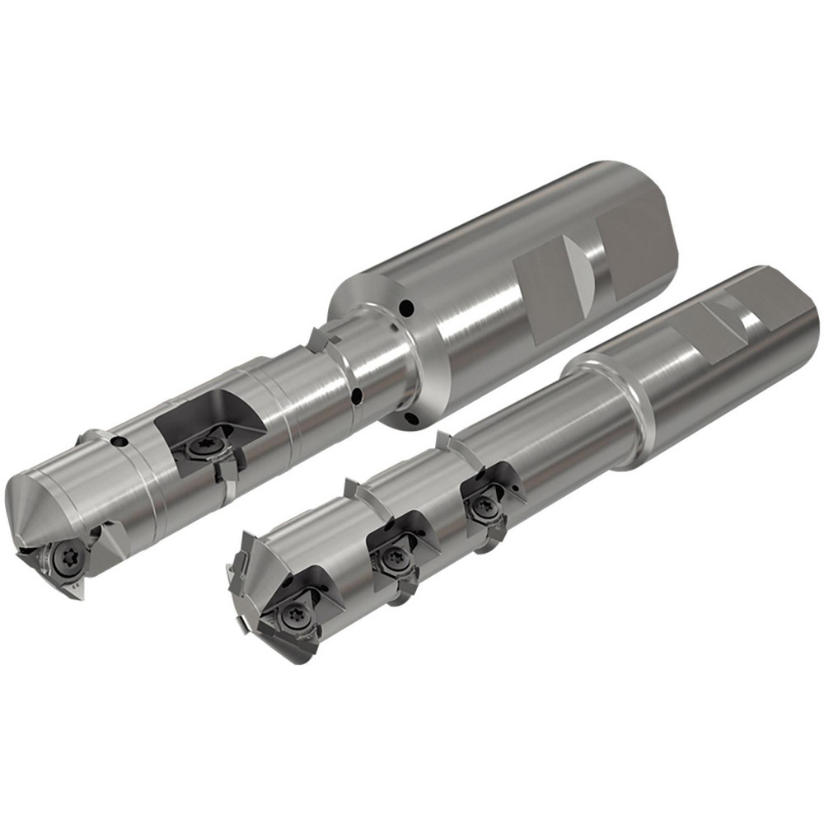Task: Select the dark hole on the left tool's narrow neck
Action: [355, 397]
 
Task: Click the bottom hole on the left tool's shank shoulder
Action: [410, 421]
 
